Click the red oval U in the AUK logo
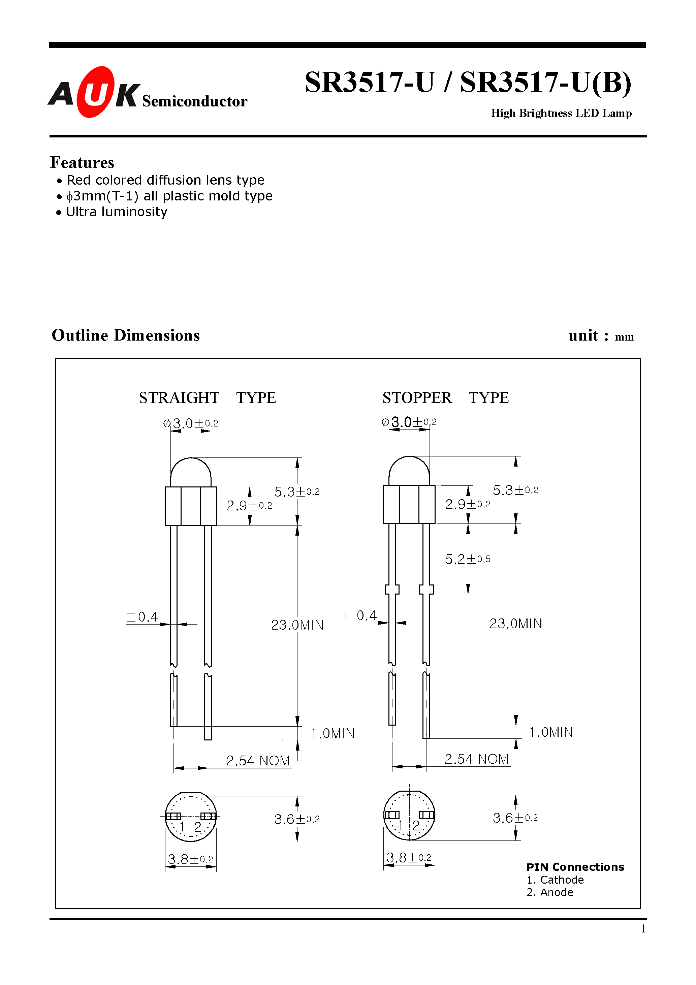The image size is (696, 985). pos(95,92)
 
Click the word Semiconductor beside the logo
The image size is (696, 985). pos(194,101)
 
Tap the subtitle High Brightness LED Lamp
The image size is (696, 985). pos(561,113)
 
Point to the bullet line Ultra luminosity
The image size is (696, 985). pos(116,212)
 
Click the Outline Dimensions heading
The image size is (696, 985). pos(126,336)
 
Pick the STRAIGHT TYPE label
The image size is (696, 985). pos(207,398)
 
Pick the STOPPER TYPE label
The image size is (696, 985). pos(445,398)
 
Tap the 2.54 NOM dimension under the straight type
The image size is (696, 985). pos(258,761)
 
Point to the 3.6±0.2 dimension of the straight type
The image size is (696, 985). pos(296,819)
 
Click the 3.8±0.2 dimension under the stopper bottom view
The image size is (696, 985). pos(409,858)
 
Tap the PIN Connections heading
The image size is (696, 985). pos(575,867)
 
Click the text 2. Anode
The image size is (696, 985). pos(550,892)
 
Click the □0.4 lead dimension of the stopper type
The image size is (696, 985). pos(361,616)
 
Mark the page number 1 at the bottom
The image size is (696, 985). pos(643,929)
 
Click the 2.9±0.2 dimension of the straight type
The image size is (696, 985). pos(249,506)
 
